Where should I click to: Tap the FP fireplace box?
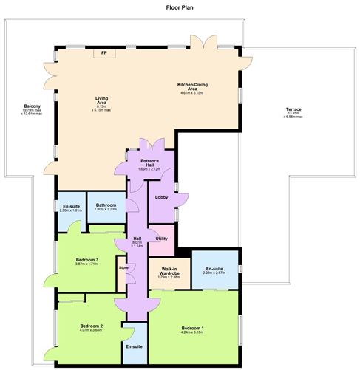tap(103, 53)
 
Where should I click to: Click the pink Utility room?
tap(162, 238)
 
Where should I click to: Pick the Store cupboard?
tap(123, 268)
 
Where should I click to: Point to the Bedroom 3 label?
tap(87, 259)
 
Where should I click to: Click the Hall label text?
tap(137, 239)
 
